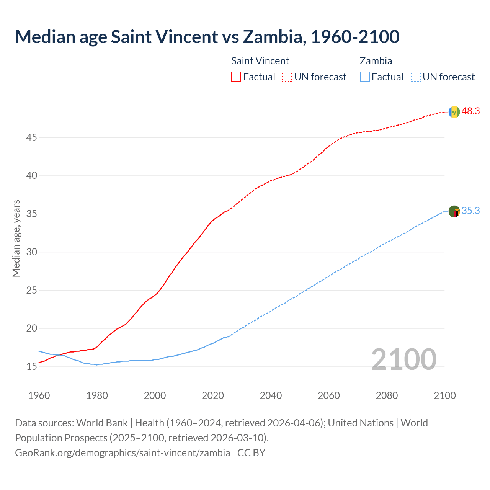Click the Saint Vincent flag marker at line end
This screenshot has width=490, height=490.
(x=454, y=112)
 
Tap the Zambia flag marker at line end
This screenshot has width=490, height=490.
(x=454, y=211)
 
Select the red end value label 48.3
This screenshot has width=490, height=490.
(x=470, y=111)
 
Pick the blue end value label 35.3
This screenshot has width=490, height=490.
(x=470, y=211)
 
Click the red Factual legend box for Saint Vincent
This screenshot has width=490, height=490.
(x=236, y=77)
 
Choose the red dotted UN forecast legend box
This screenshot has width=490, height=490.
(x=287, y=77)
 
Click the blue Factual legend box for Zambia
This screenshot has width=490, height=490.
(x=365, y=77)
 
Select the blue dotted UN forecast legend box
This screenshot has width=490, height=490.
(x=415, y=77)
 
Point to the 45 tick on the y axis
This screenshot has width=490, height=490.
(x=31, y=137)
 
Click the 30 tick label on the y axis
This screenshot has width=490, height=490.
(x=31, y=252)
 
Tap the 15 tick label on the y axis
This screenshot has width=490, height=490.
(x=31, y=366)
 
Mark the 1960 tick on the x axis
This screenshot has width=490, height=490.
(x=39, y=395)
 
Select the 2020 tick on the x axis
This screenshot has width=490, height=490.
(x=213, y=395)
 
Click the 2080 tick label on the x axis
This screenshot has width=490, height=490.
(x=387, y=395)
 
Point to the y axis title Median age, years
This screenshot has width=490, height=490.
(x=16, y=238)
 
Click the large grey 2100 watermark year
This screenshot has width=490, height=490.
(x=403, y=359)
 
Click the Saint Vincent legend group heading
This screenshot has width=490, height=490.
(x=260, y=61)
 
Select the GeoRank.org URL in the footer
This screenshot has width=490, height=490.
(x=122, y=453)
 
